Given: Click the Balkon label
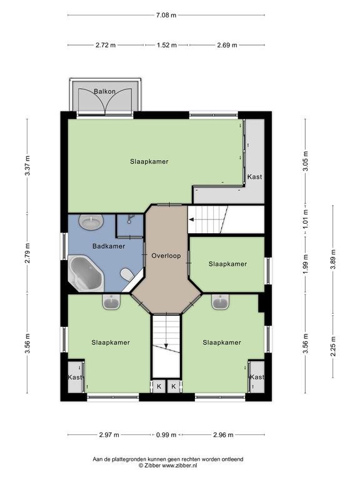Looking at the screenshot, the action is tap(105, 91).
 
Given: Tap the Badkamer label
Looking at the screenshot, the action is tap(109, 246).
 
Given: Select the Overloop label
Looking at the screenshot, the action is tap(166, 256).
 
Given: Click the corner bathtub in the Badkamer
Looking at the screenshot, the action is tap(86, 273).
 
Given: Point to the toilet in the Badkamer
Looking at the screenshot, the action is tap(127, 274).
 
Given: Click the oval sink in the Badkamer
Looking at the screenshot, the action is tap(91, 222).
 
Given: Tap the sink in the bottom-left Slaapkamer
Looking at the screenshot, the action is tap(111, 302).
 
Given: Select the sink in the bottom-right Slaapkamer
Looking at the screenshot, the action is tap(221, 302).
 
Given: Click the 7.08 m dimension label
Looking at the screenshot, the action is tap(166, 15).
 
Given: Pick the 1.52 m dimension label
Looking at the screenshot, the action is tap(167, 45).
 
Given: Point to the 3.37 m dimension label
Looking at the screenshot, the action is tap(27, 166).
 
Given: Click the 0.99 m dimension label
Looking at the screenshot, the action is tap(166, 435).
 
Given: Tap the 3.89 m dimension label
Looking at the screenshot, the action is tap(333, 259).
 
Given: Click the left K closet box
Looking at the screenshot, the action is tap(159, 386).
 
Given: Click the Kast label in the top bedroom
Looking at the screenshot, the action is tap(255, 177).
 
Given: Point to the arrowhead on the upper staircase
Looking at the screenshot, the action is tap(191, 219).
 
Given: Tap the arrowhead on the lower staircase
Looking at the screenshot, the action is tap(166, 346).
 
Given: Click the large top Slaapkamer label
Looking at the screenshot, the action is tap(149, 161).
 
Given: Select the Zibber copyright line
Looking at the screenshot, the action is tap(167, 465).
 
